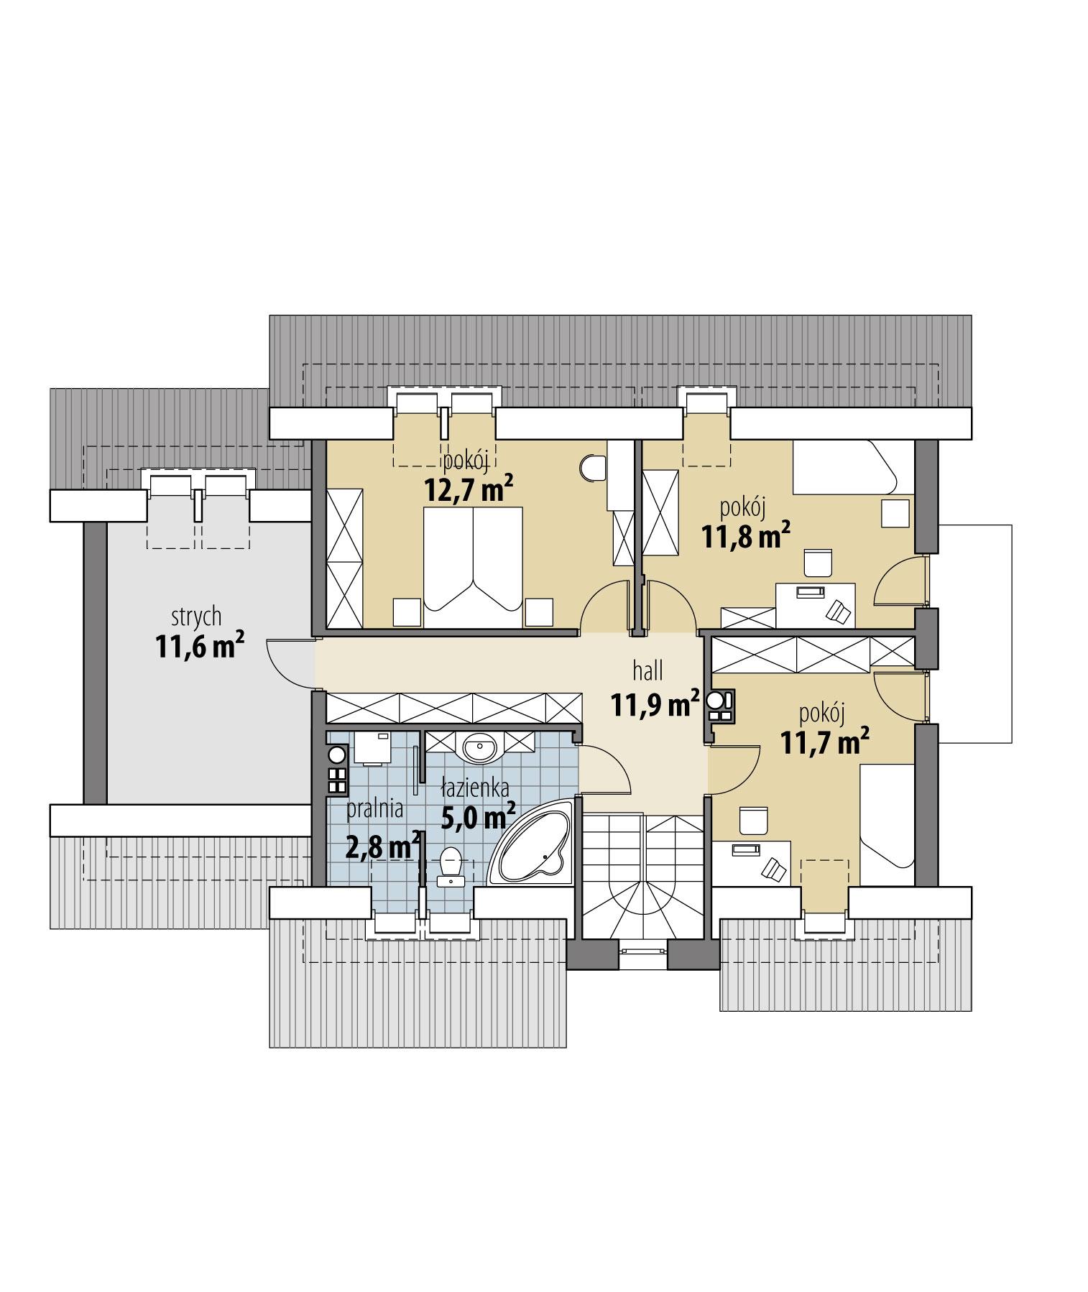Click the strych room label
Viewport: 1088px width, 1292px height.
pos(195,617)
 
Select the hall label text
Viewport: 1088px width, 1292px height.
pos(647,671)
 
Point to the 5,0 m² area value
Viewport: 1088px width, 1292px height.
pos(478,816)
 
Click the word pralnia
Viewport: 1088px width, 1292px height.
pos(374,809)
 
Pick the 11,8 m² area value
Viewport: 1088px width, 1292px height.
pos(747,536)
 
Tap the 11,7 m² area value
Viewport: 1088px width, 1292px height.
pos(822,742)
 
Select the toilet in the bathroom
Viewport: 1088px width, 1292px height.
pos(451,863)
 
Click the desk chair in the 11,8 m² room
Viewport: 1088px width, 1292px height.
pos(817,563)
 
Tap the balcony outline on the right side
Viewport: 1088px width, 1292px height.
pos(977,632)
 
